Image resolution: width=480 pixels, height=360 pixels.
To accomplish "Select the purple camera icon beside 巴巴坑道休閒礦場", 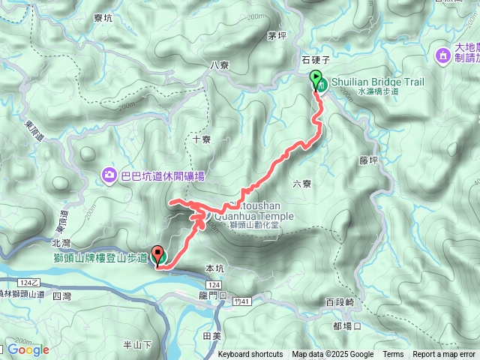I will tap(110, 175).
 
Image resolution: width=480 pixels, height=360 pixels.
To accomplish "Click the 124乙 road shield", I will tap(28, 282).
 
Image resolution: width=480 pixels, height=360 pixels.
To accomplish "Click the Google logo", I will tap(28, 349).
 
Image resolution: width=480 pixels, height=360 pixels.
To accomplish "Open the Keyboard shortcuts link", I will tap(250, 355).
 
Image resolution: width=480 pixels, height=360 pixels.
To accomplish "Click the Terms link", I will tap(393, 355).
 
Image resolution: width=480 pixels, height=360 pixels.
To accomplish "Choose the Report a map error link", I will tap(444, 355).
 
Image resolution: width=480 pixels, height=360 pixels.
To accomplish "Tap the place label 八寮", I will tap(220, 65).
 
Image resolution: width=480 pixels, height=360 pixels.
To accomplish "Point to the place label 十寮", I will tap(202, 139).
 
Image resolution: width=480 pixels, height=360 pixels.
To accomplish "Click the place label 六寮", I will tap(301, 183).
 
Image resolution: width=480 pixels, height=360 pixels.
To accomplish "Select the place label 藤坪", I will tap(368, 160).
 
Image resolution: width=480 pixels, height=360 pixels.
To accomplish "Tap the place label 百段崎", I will tap(340, 302).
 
